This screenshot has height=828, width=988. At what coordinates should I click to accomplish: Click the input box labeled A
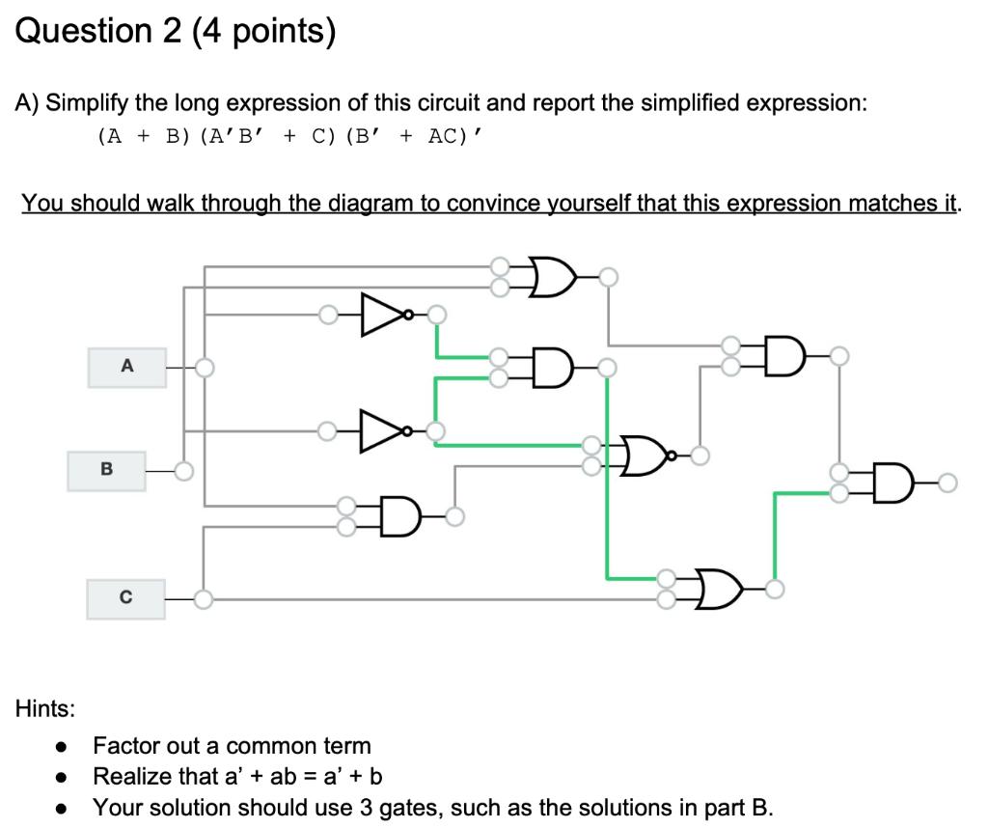point(126,368)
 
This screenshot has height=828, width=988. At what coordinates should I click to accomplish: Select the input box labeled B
point(106,471)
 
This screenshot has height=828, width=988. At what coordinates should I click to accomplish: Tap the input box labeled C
point(125,598)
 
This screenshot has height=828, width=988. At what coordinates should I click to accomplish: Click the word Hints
point(44,709)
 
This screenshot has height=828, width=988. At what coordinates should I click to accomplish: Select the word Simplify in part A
point(92,102)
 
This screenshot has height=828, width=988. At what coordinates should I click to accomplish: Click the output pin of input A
point(204,367)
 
